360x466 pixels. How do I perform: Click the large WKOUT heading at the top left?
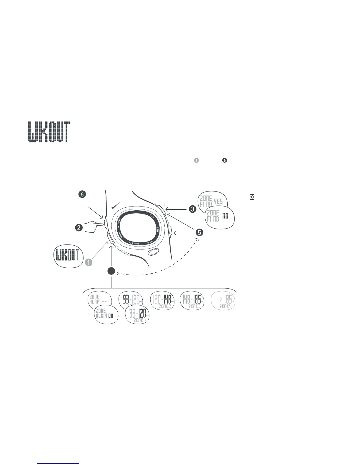[x=49, y=132]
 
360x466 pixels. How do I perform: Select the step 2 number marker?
[x=79, y=227]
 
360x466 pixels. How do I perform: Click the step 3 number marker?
[x=192, y=209]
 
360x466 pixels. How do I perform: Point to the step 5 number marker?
[x=199, y=232]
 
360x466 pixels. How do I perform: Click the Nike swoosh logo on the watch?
[x=116, y=206]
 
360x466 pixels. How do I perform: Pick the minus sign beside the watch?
[x=174, y=229]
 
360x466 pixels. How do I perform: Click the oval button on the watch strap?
[x=153, y=252]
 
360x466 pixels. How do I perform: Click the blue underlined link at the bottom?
[x=59, y=463]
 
